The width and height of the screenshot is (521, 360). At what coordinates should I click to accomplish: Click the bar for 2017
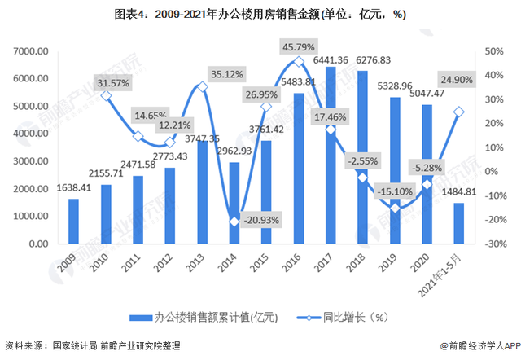[x=331, y=156]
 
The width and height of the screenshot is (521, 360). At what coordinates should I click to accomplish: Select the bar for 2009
[x=74, y=221]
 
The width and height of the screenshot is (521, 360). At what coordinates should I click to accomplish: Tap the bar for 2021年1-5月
[x=459, y=223]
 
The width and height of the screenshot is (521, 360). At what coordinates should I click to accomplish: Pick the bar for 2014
[x=234, y=203]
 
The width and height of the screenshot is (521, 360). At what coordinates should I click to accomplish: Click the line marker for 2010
[x=106, y=96]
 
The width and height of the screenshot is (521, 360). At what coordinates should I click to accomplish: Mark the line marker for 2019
[x=395, y=208]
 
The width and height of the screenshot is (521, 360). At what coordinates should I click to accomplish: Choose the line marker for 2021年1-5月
[x=459, y=112]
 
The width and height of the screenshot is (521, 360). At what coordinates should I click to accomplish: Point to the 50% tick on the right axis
[x=494, y=51]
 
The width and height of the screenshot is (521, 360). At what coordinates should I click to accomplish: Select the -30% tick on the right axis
[x=494, y=244]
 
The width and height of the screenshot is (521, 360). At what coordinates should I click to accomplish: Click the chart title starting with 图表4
[x=260, y=14]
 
